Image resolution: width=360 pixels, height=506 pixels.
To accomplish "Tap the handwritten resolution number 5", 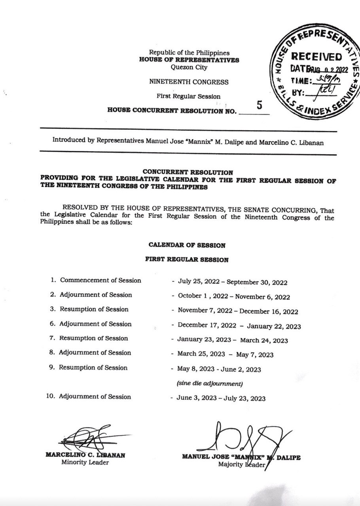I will [260, 105].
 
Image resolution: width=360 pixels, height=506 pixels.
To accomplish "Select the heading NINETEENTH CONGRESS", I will [188, 82].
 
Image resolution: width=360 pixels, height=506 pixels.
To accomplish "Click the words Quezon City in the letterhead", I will [188, 66].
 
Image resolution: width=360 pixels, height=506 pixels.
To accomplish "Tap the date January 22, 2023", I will [274, 327].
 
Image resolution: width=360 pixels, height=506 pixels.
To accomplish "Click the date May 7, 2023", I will [256, 355].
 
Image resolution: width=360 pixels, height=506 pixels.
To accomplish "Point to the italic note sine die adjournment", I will [209, 383].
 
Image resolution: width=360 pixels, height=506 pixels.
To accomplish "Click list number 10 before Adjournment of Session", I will [50, 396].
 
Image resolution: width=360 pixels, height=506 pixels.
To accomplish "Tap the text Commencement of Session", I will [100, 280].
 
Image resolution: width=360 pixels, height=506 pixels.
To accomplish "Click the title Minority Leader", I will [85, 463].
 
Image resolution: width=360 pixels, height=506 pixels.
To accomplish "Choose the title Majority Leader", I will [241, 464].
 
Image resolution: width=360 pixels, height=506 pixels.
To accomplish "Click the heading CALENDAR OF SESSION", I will [187, 245].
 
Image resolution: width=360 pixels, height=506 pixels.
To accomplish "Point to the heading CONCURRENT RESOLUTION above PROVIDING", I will [188, 172].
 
